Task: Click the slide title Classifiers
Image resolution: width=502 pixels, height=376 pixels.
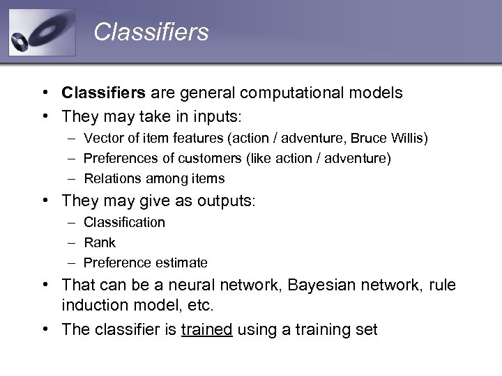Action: coord(151,32)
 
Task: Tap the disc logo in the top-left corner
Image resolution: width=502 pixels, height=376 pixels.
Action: coord(42,33)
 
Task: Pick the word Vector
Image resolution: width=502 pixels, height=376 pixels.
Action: coord(102,139)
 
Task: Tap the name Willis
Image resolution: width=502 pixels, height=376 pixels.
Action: coord(408,139)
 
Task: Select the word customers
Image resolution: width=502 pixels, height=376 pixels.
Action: coord(209,159)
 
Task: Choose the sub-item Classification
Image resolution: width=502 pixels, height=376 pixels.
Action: coord(124,223)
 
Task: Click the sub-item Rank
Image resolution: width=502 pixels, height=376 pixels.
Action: coord(100,243)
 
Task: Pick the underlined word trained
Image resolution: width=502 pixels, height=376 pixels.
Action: coord(206,329)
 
